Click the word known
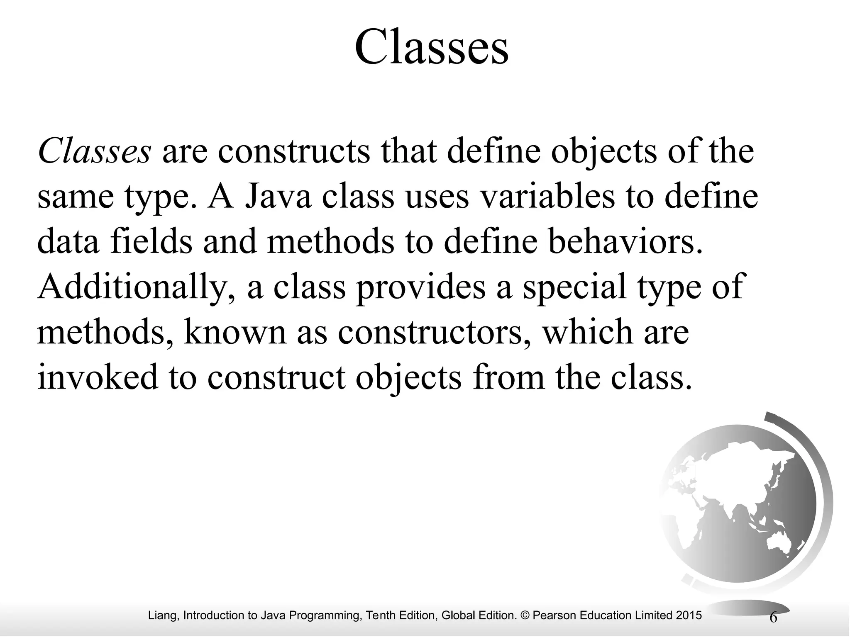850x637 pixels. coord(235,333)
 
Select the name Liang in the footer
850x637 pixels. coord(163,615)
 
